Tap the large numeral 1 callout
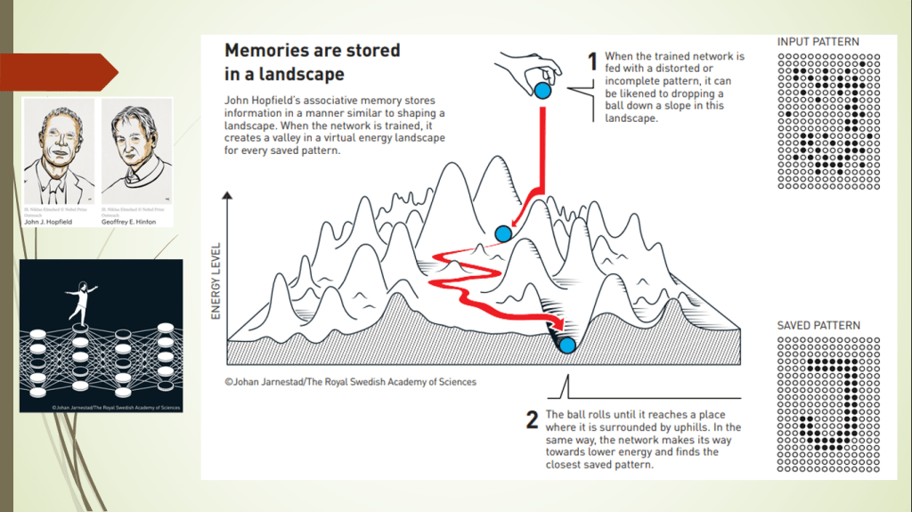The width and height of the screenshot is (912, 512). pos(591,62)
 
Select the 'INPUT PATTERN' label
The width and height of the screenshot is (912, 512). pos(818,42)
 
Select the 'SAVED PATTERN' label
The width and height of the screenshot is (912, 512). pos(818,325)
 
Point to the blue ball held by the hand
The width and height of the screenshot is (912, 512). pos(542,90)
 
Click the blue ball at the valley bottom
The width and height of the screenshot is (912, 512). pos(566,343)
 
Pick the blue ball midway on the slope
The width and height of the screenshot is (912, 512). pos(502,233)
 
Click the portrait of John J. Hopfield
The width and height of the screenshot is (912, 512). pos(59,150)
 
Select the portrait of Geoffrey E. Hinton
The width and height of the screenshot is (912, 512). pos(136,150)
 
